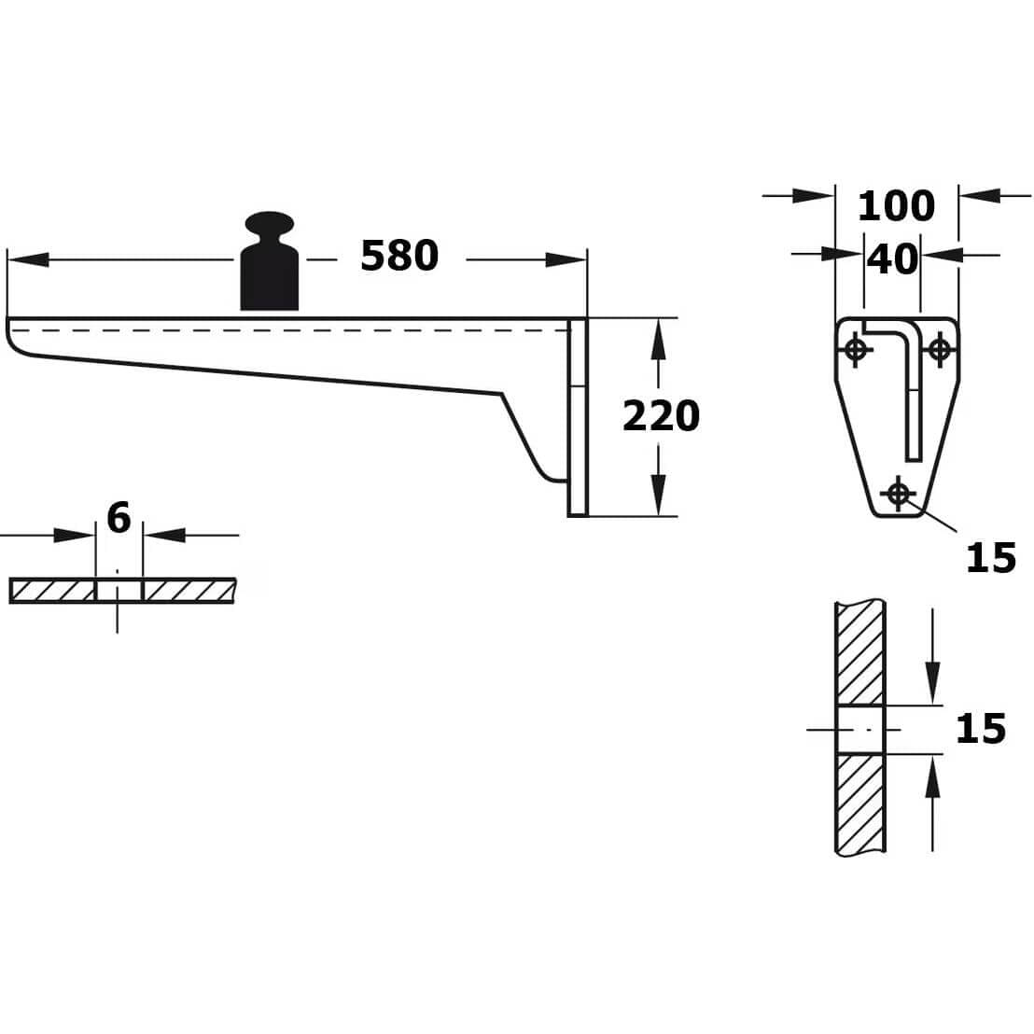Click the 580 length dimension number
point(399,256)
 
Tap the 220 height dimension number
point(661,416)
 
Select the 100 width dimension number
point(896,205)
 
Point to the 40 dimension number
point(891,259)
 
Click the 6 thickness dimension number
point(119,518)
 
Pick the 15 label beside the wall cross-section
point(981,729)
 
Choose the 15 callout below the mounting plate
point(990,558)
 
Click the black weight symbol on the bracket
point(269,260)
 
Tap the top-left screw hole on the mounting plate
point(856,349)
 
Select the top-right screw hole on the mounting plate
point(940,349)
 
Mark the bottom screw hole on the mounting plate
point(898,493)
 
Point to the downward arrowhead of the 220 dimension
point(657,495)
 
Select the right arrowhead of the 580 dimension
point(566,259)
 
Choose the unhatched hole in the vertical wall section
point(860,730)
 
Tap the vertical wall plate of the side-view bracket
point(577,417)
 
